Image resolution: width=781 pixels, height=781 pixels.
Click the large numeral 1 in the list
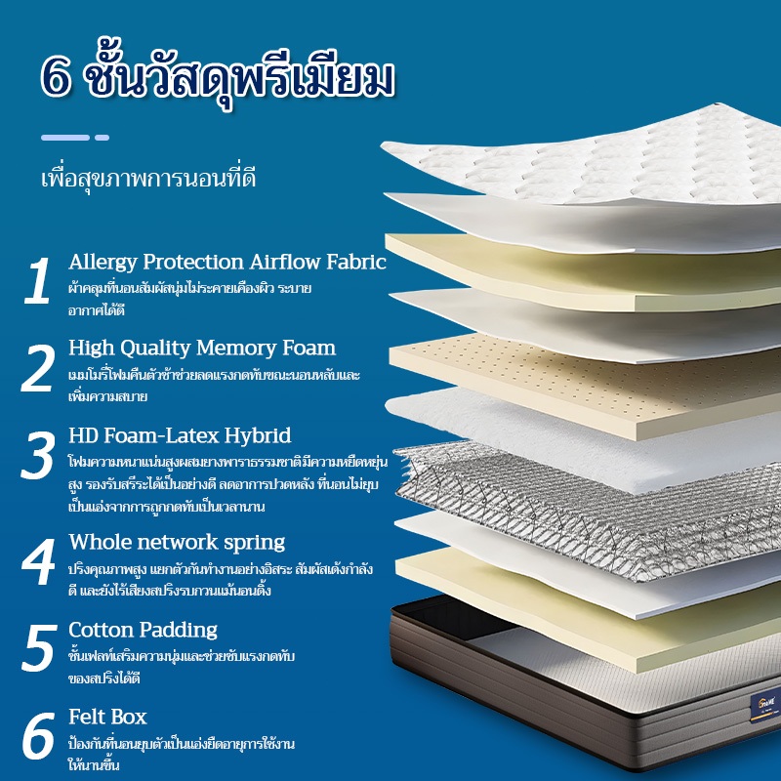pyautogui.click(x=37, y=280)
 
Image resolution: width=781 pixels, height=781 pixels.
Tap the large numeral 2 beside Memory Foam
pyautogui.click(x=38, y=368)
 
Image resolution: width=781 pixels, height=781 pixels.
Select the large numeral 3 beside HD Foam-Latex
pyautogui.click(x=38, y=455)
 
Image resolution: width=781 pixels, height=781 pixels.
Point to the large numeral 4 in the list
pyautogui.click(x=38, y=561)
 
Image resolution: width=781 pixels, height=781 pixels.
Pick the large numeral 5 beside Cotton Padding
pyautogui.click(x=39, y=647)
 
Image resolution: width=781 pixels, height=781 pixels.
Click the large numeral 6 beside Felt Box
pyautogui.click(x=39, y=736)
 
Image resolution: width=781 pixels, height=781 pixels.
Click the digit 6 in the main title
pyautogui.click(x=56, y=76)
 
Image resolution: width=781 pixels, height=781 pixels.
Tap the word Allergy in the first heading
pyautogui.click(x=103, y=263)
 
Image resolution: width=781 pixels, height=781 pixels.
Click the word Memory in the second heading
pyautogui.click(x=236, y=349)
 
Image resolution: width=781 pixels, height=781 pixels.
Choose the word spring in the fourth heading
pyautogui.click(x=254, y=544)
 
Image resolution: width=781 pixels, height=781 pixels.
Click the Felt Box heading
pyautogui.click(x=107, y=717)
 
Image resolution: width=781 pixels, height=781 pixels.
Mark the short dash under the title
pyautogui.click(x=103, y=138)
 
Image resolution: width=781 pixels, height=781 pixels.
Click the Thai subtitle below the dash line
pyautogui.click(x=148, y=180)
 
